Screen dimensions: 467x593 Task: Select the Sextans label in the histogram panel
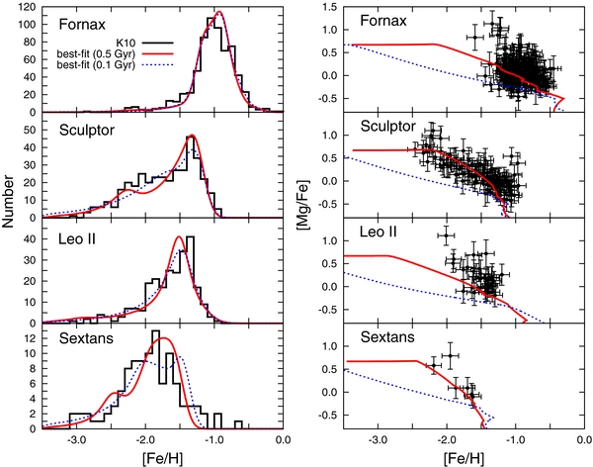click(71, 341)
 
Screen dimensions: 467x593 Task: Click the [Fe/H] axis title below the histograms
click(160, 459)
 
